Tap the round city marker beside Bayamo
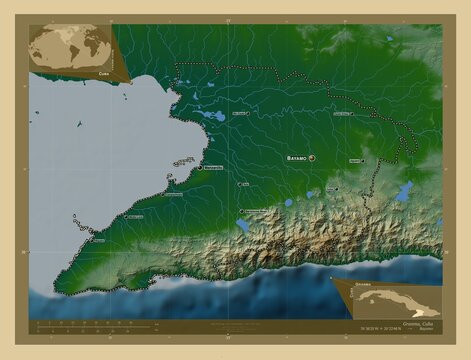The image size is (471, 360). [x=313, y=158]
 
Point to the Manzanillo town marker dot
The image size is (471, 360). [x=199, y=168]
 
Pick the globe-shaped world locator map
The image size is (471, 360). [x=70, y=47]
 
